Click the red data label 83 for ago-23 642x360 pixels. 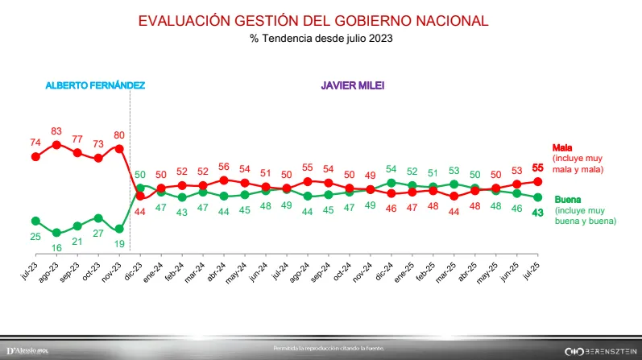pyautogui.click(x=56, y=131)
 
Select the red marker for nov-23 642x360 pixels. pyautogui.click(x=119, y=149)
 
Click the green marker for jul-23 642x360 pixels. pyautogui.click(x=35, y=221)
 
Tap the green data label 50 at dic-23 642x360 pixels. pyautogui.click(x=139, y=174)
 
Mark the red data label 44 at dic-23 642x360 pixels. pyautogui.click(x=139, y=211)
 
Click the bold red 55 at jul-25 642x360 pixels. pyautogui.click(x=537, y=168)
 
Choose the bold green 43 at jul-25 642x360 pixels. pyautogui.click(x=537, y=212)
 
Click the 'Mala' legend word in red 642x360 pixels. pyautogui.click(x=562, y=148)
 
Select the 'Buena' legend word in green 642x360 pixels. pyautogui.click(x=565, y=199)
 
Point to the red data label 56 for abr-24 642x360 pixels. pyautogui.click(x=223, y=167)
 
